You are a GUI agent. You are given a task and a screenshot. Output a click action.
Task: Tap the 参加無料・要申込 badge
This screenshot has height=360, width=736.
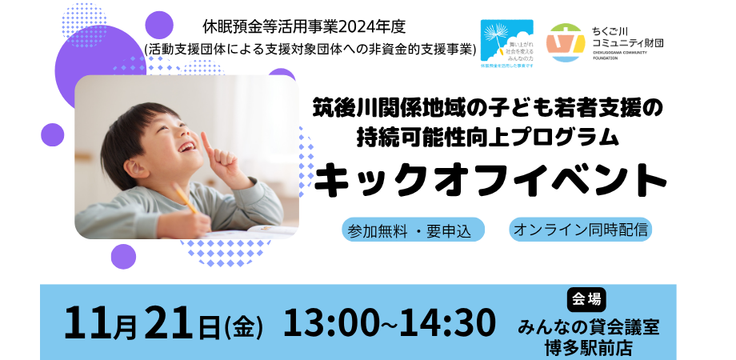[413, 230]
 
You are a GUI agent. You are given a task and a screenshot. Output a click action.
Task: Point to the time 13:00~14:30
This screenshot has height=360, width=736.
[390, 323]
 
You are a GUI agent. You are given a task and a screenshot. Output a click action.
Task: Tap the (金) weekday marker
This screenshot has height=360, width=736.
[244, 326]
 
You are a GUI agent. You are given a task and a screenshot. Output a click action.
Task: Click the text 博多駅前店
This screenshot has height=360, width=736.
[588, 346]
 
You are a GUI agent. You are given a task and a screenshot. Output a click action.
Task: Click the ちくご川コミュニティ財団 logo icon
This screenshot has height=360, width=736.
[565, 42]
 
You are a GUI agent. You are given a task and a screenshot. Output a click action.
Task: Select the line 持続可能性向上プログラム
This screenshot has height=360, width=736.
[488, 137]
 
